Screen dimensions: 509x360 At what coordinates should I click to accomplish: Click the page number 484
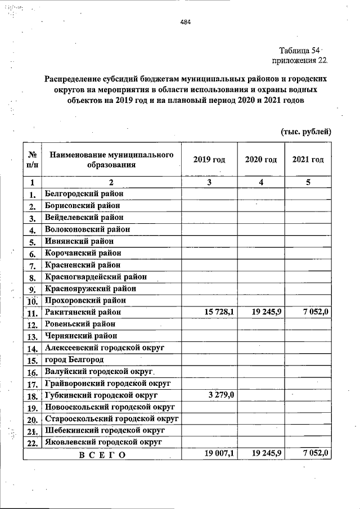[186, 22]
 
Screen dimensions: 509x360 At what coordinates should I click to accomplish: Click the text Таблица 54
[299, 50]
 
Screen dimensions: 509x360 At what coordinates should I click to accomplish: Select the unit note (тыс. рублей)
[306, 132]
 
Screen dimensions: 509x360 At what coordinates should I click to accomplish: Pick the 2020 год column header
[261, 160]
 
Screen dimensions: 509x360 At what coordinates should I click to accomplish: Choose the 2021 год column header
[308, 160]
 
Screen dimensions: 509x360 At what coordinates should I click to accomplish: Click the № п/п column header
[33, 160]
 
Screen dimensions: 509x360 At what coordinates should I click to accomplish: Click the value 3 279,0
[220, 395]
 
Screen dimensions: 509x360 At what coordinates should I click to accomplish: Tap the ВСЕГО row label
[102, 454]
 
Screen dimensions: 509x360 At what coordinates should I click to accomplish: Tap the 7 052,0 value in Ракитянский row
[315, 312]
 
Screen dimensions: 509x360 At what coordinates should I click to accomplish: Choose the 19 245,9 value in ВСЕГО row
[267, 454]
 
